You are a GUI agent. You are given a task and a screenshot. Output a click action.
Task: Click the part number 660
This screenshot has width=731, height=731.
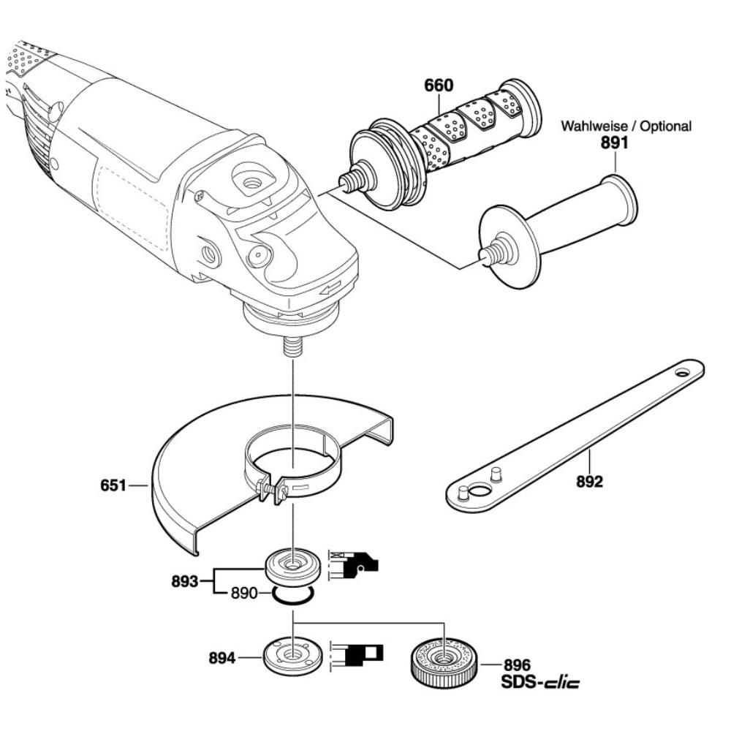pos(439,86)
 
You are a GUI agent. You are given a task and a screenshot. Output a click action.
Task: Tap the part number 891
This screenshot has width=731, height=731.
pos(615,144)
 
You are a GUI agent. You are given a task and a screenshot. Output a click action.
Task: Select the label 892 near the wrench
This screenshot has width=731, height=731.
pos(589,482)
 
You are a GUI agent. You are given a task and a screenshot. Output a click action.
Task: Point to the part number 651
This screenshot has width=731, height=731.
pos(113,485)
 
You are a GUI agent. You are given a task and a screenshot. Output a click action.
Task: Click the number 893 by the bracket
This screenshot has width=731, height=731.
pos(184,582)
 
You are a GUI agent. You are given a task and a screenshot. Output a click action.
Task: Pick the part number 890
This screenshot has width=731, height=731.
pos(243,594)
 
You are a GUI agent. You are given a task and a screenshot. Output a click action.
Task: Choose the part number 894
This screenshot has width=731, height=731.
pos(221,659)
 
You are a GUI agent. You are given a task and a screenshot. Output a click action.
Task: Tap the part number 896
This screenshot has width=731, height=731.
pos(517,666)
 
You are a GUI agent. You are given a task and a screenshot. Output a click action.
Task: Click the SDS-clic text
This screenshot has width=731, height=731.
pos(540,683)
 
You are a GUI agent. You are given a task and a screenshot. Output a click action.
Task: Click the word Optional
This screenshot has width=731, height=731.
pos(665,126)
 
